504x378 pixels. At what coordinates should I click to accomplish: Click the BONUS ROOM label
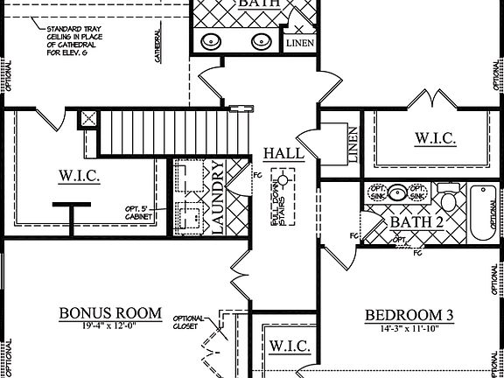tap(110, 313)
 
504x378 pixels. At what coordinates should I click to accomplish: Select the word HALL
tap(283, 154)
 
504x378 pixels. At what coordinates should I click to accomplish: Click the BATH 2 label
tap(416, 221)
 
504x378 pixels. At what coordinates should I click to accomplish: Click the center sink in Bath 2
tap(398, 192)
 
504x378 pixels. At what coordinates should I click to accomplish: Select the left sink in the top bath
tap(212, 40)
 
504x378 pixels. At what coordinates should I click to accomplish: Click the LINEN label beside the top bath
tap(299, 42)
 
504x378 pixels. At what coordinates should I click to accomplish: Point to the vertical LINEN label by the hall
tap(353, 144)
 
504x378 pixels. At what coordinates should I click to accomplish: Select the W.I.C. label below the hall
tap(289, 346)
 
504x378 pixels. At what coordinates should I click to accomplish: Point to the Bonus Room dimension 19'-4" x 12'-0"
tap(110, 326)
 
